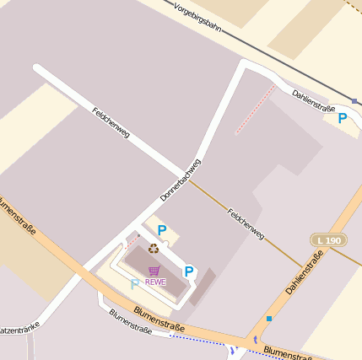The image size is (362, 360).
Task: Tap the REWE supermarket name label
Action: coord(155,282)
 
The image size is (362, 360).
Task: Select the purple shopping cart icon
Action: coord(154,271)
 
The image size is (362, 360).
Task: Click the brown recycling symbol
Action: coord(154,249)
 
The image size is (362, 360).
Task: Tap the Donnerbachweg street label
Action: coord(181,180)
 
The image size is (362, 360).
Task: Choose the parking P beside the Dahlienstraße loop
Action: coord(343,119)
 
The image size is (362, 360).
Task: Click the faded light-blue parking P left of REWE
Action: coord(134,285)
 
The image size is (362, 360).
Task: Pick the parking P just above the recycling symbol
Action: coord(162,230)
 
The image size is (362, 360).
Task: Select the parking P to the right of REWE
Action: coord(189,271)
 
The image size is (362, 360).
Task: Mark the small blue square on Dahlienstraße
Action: coord(269,319)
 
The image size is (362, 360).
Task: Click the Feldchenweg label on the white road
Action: coord(110,123)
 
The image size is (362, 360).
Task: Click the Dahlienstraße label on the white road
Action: coord(314,103)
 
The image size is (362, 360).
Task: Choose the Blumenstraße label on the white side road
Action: coord(130,322)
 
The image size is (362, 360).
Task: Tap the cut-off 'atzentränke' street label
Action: coord(19,330)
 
